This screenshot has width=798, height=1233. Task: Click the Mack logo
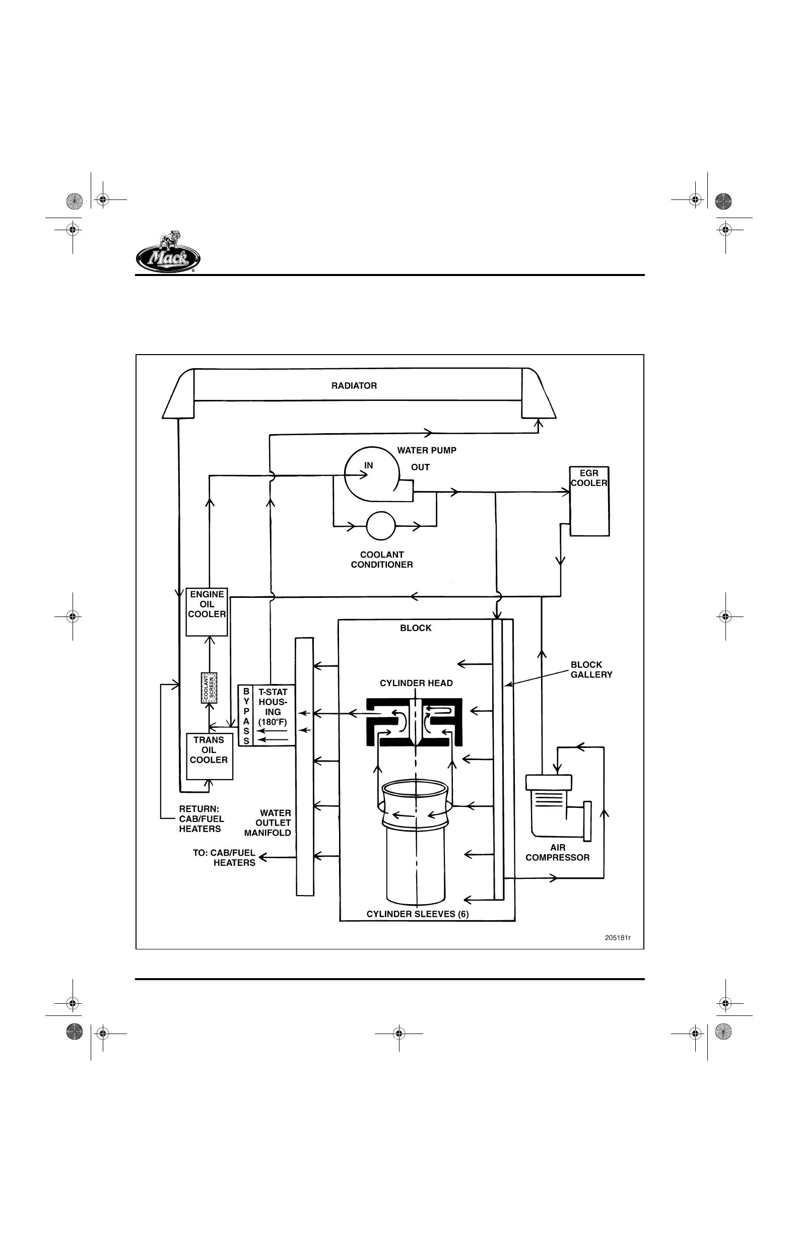168,253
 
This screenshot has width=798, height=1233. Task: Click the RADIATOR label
354,386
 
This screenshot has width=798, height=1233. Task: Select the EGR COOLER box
589,501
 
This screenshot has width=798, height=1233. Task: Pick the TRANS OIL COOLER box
209,756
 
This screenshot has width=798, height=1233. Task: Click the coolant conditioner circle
381,526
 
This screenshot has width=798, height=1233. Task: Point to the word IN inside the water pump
368,466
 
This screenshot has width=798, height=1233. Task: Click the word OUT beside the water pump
420,467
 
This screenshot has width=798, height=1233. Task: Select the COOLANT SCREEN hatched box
209,688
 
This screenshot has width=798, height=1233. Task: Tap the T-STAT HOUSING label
273,707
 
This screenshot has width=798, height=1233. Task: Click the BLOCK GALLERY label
591,669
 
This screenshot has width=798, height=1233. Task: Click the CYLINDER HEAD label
416,683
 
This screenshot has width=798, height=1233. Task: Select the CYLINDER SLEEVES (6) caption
417,914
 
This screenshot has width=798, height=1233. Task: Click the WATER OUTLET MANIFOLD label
269,823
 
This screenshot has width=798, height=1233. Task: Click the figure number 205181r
618,938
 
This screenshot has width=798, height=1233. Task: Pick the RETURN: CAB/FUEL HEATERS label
201,818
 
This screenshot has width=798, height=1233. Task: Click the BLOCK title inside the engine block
416,628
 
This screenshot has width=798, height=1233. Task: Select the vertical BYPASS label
246,716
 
